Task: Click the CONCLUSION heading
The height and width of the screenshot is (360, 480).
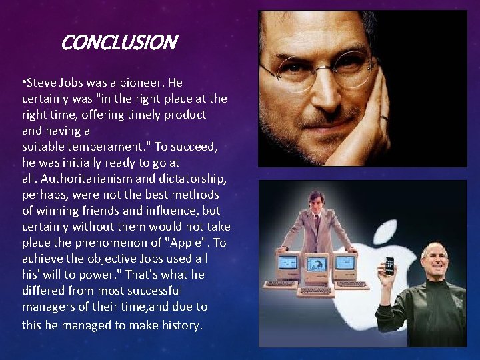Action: click(x=119, y=43)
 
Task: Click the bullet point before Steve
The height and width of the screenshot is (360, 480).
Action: click(x=23, y=83)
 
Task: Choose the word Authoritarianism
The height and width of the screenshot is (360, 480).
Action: click(x=83, y=179)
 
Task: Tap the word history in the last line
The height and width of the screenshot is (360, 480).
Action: click(x=178, y=325)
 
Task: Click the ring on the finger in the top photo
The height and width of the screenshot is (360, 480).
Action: click(x=383, y=118)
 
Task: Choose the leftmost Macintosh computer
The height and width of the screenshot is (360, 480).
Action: click(x=287, y=265)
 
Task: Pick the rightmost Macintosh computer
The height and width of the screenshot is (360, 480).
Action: click(x=345, y=265)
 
